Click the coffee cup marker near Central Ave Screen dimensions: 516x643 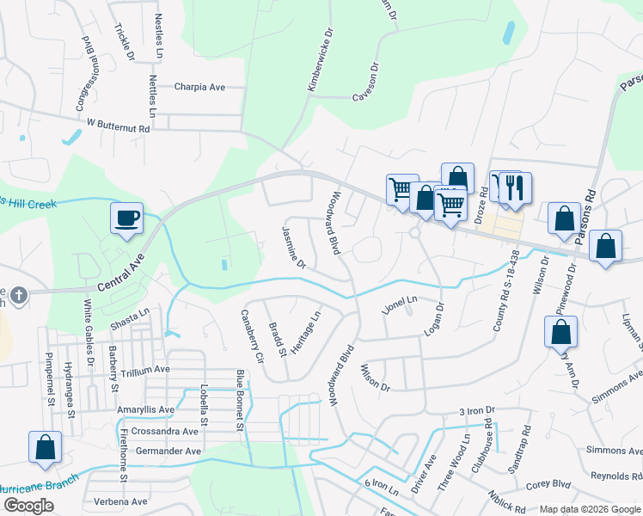coord(127,217)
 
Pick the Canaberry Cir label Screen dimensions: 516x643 coord(253,336)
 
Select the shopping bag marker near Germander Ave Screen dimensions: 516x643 coord(45,447)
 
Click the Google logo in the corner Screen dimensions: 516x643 coord(28,506)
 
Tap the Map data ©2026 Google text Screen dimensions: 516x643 coord(589,509)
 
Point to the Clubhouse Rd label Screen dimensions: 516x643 coord(488,436)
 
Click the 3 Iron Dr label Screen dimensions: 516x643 coord(478,411)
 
